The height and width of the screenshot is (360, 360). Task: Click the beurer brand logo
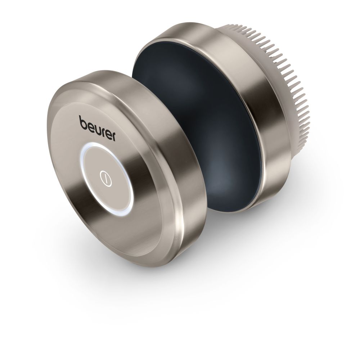[x=97, y=129]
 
